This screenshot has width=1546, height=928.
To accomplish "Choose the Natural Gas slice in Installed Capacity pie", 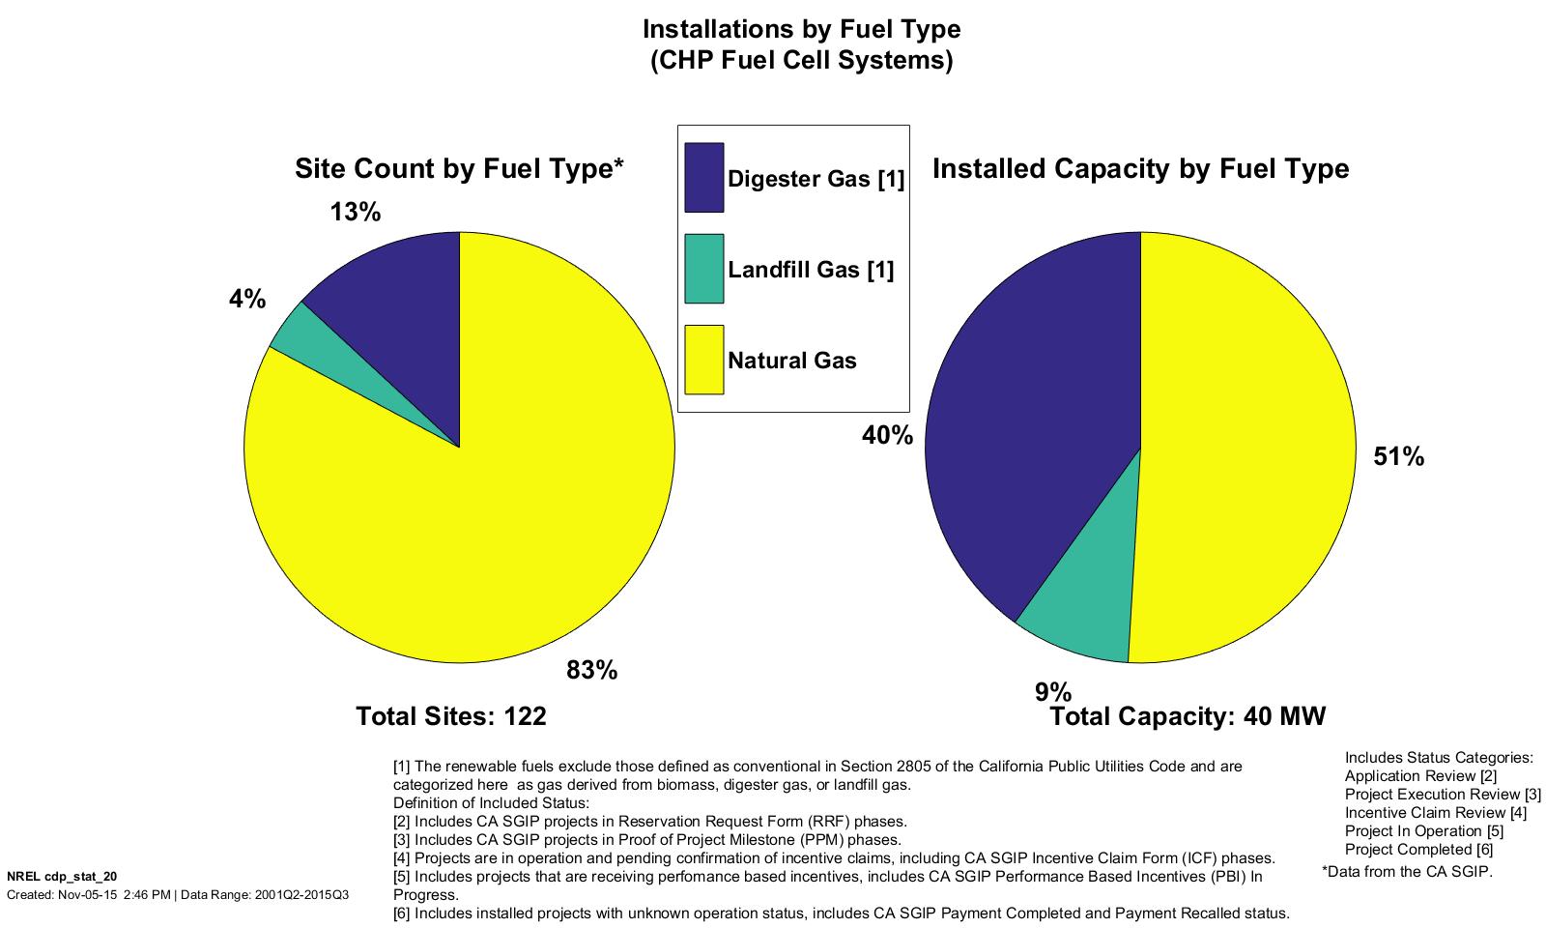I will tap(1246, 454).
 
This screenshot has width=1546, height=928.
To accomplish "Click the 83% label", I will tap(591, 670).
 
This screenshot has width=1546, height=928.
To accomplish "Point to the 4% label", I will tap(247, 300).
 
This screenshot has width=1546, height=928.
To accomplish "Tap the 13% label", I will tap(356, 212).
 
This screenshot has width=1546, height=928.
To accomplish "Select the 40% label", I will tap(887, 436).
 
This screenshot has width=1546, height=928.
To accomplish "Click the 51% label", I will tap(1398, 457).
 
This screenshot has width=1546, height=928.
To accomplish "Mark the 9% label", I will tap(1053, 692).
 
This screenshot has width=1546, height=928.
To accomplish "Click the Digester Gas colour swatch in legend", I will tap(703, 178).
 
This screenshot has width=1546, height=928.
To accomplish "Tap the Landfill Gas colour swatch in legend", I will tap(703, 269).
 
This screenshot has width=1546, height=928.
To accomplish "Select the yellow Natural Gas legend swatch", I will tap(703, 360).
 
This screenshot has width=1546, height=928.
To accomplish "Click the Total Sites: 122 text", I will tap(451, 716).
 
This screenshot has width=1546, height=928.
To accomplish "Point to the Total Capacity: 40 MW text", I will tap(1188, 716).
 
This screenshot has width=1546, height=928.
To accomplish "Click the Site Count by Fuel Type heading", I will tap(459, 169).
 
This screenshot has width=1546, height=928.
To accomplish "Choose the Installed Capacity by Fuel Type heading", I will tap(1140, 169).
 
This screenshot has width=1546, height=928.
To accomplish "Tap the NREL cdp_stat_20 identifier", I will tap(62, 876).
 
